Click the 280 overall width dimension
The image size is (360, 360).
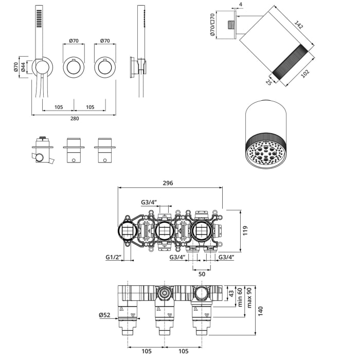click(x=74, y=119)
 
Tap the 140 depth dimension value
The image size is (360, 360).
click(x=261, y=310)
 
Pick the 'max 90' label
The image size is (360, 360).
click(x=249, y=297)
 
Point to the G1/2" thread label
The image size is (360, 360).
click(x=113, y=257)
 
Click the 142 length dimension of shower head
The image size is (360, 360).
click(x=299, y=24)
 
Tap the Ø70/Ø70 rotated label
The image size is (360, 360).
click(x=212, y=25)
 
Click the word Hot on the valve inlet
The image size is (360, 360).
click(x=193, y=248)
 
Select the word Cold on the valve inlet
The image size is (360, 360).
click(x=209, y=248)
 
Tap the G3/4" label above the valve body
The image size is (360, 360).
click(x=149, y=202)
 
